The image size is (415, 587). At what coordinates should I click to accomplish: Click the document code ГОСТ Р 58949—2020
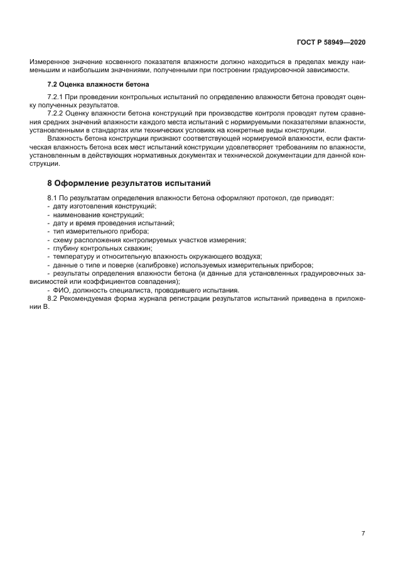[331, 43]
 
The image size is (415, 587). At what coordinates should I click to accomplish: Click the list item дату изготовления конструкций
[105, 207]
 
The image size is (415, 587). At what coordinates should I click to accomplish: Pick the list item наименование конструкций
[99, 215]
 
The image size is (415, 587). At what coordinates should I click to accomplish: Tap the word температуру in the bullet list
[73, 256]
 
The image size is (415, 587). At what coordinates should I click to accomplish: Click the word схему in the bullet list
[63, 240]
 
